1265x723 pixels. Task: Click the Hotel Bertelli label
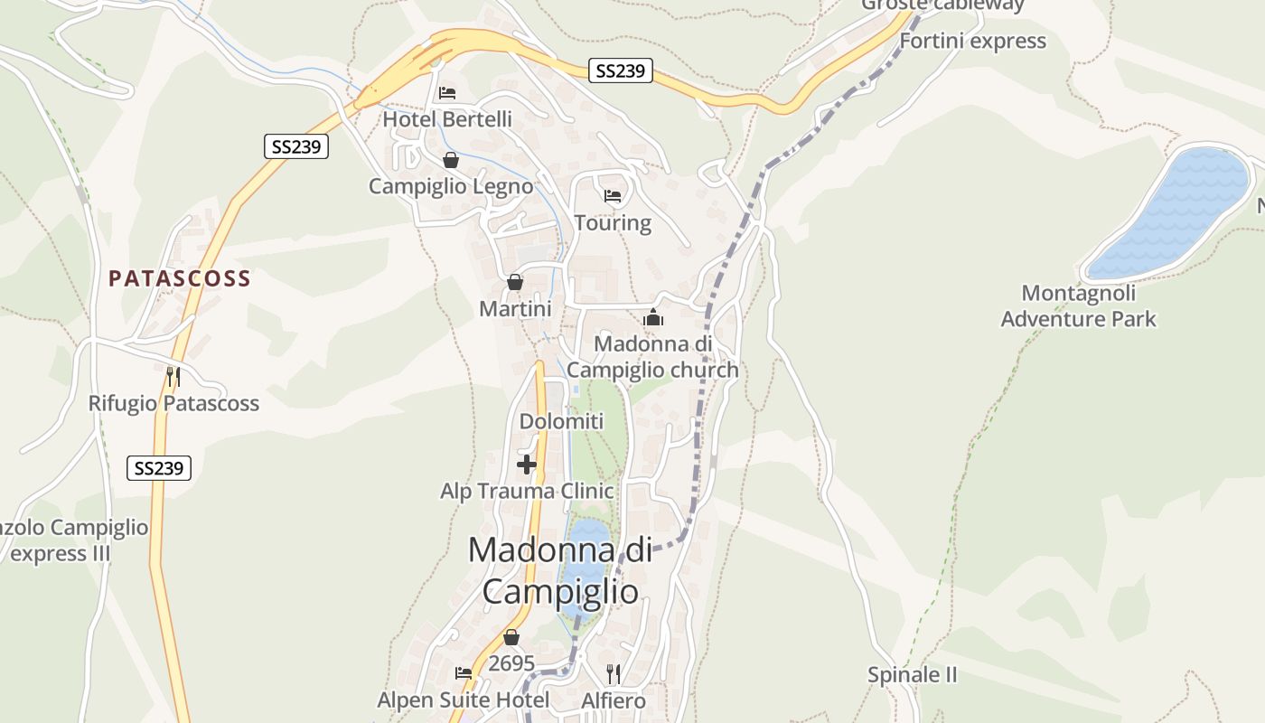(447, 119)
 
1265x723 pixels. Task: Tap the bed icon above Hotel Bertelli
(447, 92)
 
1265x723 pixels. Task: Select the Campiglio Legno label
(451, 187)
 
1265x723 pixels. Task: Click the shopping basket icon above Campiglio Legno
(451, 160)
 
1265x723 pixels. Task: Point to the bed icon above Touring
(613, 195)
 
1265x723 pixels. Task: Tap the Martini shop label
(515, 309)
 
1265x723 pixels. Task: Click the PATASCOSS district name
(180, 278)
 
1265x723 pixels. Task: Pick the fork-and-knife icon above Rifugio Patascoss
(173, 376)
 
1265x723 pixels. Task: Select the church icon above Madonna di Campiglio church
(653, 317)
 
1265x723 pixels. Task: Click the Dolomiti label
(561, 421)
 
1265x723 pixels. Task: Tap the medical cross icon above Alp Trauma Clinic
(527, 465)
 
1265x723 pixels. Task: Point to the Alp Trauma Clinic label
(527, 492)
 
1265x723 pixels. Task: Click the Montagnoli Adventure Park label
(1078, 306)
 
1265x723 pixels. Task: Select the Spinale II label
(912, 675)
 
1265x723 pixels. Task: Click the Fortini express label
(972, 41)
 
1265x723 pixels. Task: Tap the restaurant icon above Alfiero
(614, 673)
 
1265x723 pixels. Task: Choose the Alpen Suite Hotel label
(463, 700)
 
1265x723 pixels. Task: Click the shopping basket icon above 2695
(511, 637)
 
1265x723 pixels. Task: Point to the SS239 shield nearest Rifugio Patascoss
(159, 468)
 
